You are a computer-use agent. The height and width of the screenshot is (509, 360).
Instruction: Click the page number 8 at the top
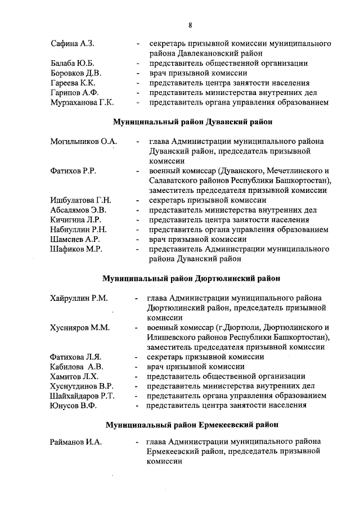[x=191, y=25]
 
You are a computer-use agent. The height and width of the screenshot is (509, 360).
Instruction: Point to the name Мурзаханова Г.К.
[x=82, y=102]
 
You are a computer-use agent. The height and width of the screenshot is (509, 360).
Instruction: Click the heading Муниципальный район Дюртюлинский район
[x=191, y=278]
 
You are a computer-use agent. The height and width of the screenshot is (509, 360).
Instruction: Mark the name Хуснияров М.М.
[x=79, y=327]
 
